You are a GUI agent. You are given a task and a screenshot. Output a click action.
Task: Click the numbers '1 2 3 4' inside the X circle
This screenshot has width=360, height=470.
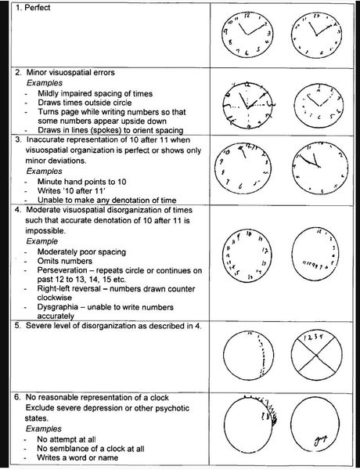tap(315, 338)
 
